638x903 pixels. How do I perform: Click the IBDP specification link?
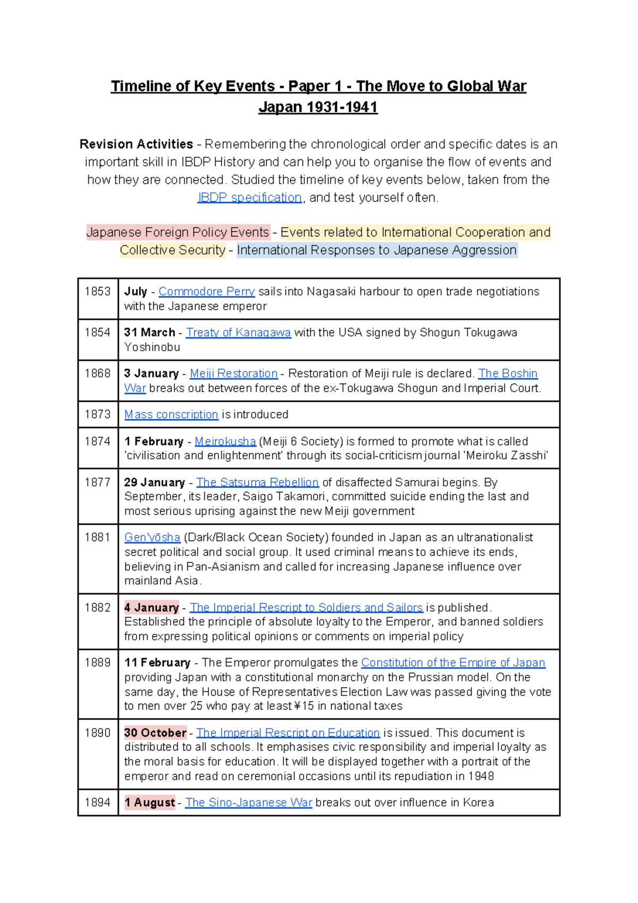click(249, 198)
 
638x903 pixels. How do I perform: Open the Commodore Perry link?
click(206, 292)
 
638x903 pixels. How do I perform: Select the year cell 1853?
click(98, 292)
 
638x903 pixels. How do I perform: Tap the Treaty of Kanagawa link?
click(238, 333)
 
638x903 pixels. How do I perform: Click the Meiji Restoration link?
click(233, 374)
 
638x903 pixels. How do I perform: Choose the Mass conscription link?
click(171, 415)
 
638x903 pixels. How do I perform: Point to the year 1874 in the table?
click(98, 441)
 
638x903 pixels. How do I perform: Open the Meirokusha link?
click(225, 442)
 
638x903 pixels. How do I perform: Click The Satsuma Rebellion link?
click(257, 483)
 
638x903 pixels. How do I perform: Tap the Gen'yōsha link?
click(152, 537)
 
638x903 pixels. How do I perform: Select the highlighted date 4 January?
click(152, 607)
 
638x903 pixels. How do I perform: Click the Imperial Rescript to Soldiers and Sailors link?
click(306, 607)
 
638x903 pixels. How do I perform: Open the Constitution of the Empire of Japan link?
click(453, 663)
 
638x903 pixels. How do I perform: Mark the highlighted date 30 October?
click(155, 733)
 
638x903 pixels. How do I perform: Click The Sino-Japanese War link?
click(248, 803)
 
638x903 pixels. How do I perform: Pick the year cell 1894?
click(98, 803)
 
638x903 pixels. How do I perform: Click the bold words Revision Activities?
click(136, 145)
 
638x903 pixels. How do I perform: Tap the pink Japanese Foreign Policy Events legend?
click(178, 233)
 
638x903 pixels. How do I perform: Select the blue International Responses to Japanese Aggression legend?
click(376, 250)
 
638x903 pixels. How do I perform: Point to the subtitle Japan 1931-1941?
click(318, 107)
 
